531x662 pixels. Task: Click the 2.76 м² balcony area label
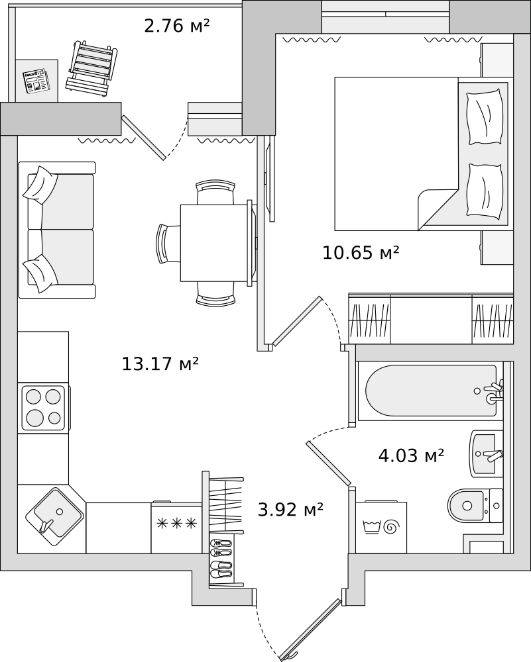(177, 26)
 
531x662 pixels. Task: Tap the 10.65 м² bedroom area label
(361, 253)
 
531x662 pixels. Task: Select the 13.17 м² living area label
(160, 363)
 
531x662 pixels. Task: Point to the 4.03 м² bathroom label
(411, 455)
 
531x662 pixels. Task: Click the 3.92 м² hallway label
(290, 510)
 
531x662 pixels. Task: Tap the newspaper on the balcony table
(36, 81)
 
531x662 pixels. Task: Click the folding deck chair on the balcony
(91, 70)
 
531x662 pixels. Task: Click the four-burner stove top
(43, 407)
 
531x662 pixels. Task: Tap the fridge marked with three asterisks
(176, 528)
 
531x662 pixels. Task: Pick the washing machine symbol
(381, 528)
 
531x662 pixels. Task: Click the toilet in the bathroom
(475, 505)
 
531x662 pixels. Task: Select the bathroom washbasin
(486, 454)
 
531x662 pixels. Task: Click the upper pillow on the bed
(485, 117)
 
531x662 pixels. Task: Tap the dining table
(214, 243)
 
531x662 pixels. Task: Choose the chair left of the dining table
(168, 244)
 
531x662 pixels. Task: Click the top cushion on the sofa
(40, 185)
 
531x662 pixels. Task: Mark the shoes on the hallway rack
(221, 558)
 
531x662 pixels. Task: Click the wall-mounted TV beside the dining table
(268, 177)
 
